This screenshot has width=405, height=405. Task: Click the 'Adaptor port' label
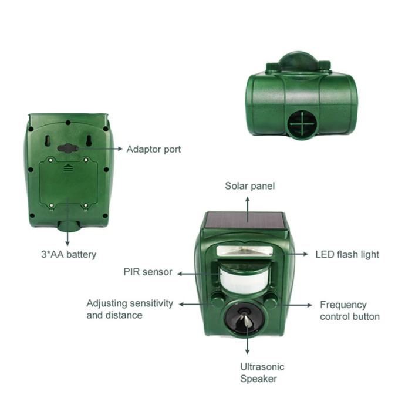pos(154,150)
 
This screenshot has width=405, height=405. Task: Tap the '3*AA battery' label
pos(69,254)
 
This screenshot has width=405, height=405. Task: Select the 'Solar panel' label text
pos(250,186)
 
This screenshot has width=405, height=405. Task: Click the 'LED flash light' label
pos(347,254)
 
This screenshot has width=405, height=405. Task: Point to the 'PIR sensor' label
pos(148,272)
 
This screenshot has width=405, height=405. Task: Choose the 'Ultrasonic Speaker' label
pos(262,373)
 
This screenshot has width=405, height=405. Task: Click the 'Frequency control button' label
pos(350,310)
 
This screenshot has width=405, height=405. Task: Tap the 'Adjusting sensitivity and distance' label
pos(130,309)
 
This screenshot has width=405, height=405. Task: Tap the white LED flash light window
pos(245,251)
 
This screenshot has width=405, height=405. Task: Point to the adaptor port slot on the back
pos(68,148)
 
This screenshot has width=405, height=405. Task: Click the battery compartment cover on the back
pos(69,183)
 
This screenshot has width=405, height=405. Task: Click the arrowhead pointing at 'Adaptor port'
pos(120,148)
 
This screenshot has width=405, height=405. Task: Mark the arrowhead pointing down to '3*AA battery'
pos(67,244)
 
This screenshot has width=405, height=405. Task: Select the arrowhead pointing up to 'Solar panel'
pos(248,200)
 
